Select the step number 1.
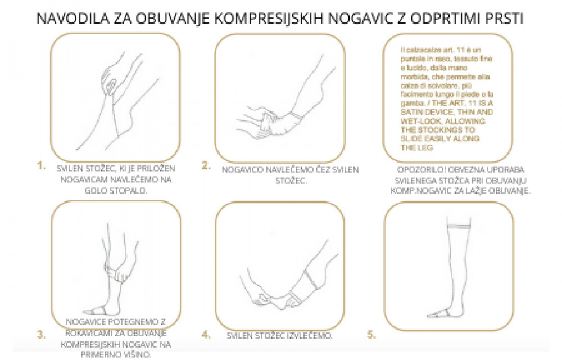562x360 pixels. [x=40, y=165]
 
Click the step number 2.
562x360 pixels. [x=206, y=165]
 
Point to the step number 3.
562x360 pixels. [x=40, y=335]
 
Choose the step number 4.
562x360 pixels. [x=206, y=335]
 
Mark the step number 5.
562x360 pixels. [x=371, y=335]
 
